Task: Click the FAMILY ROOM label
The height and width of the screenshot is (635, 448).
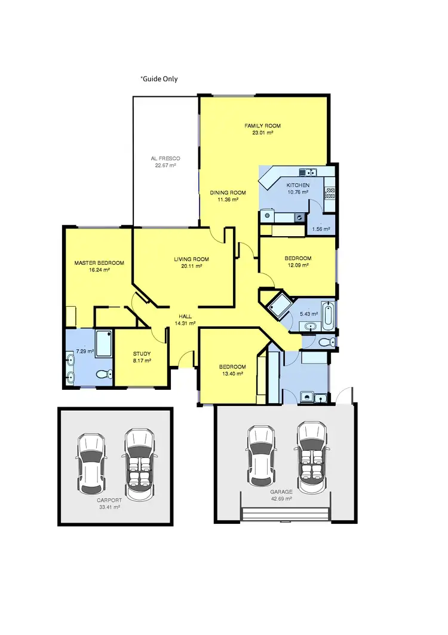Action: [262, 126]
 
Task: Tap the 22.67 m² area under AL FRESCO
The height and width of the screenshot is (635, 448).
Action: [165, 166]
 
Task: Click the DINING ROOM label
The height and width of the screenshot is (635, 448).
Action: [228, 193]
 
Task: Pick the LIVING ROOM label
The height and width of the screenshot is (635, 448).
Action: [192, 260]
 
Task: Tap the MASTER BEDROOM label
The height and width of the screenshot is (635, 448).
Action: [99, 263]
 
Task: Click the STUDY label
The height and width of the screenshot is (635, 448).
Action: [142, 353]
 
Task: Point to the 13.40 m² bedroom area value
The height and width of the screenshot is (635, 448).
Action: [231, 374]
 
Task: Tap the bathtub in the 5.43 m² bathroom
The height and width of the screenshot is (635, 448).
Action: [328, 315]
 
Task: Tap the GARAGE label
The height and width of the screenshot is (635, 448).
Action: [280, 491]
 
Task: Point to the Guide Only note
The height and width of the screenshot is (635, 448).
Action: [159, 79]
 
